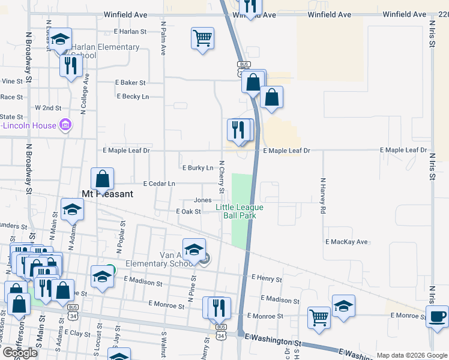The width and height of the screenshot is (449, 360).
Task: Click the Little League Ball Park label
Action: tap(240, 211)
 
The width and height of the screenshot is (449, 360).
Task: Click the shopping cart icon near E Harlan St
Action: tap(203, 38)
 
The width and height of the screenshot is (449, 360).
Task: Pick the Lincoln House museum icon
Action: tap(66, 125)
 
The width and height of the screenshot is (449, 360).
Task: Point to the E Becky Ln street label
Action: tap(133, 96)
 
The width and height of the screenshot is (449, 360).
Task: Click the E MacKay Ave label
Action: tap(346, 242)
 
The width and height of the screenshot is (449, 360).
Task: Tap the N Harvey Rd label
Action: tap(322, 196)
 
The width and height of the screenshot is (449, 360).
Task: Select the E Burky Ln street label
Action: tap(197, 168)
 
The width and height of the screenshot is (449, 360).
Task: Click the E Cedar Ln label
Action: tap(159, 184)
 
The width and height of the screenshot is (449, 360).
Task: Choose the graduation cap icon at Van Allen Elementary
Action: tap(194, 250)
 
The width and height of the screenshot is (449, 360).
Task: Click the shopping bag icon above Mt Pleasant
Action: tap(103, 179)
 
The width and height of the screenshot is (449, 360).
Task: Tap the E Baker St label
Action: tap(130, 83)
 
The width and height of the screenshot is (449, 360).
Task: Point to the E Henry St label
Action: tap(267, 278)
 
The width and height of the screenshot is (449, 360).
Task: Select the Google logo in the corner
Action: tap(20, 353)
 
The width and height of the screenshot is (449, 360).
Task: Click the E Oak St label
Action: tap(188, 211)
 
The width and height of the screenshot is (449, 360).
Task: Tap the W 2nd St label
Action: tap(48, 107)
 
